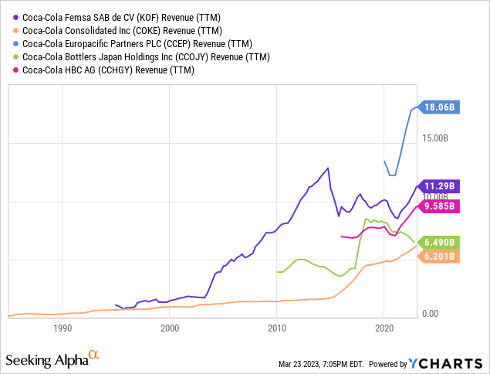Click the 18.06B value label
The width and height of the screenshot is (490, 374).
[x=441, y=108]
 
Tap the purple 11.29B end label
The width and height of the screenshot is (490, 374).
[x=441, y=186]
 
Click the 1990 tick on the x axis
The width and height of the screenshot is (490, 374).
[x=63, y=328]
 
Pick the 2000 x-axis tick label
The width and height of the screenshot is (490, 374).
[x=170, y=328]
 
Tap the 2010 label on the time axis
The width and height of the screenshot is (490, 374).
[x=276, y=328]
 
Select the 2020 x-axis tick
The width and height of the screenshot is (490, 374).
[x=384, y=328]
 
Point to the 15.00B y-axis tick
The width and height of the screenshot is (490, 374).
[x=434, y=139]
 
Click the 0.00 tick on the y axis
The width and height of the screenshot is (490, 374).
[x=431, y=314]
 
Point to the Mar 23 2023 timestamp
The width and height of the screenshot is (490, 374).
[x=326, y=364]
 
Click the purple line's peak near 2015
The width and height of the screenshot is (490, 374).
[x=328, y=168]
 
